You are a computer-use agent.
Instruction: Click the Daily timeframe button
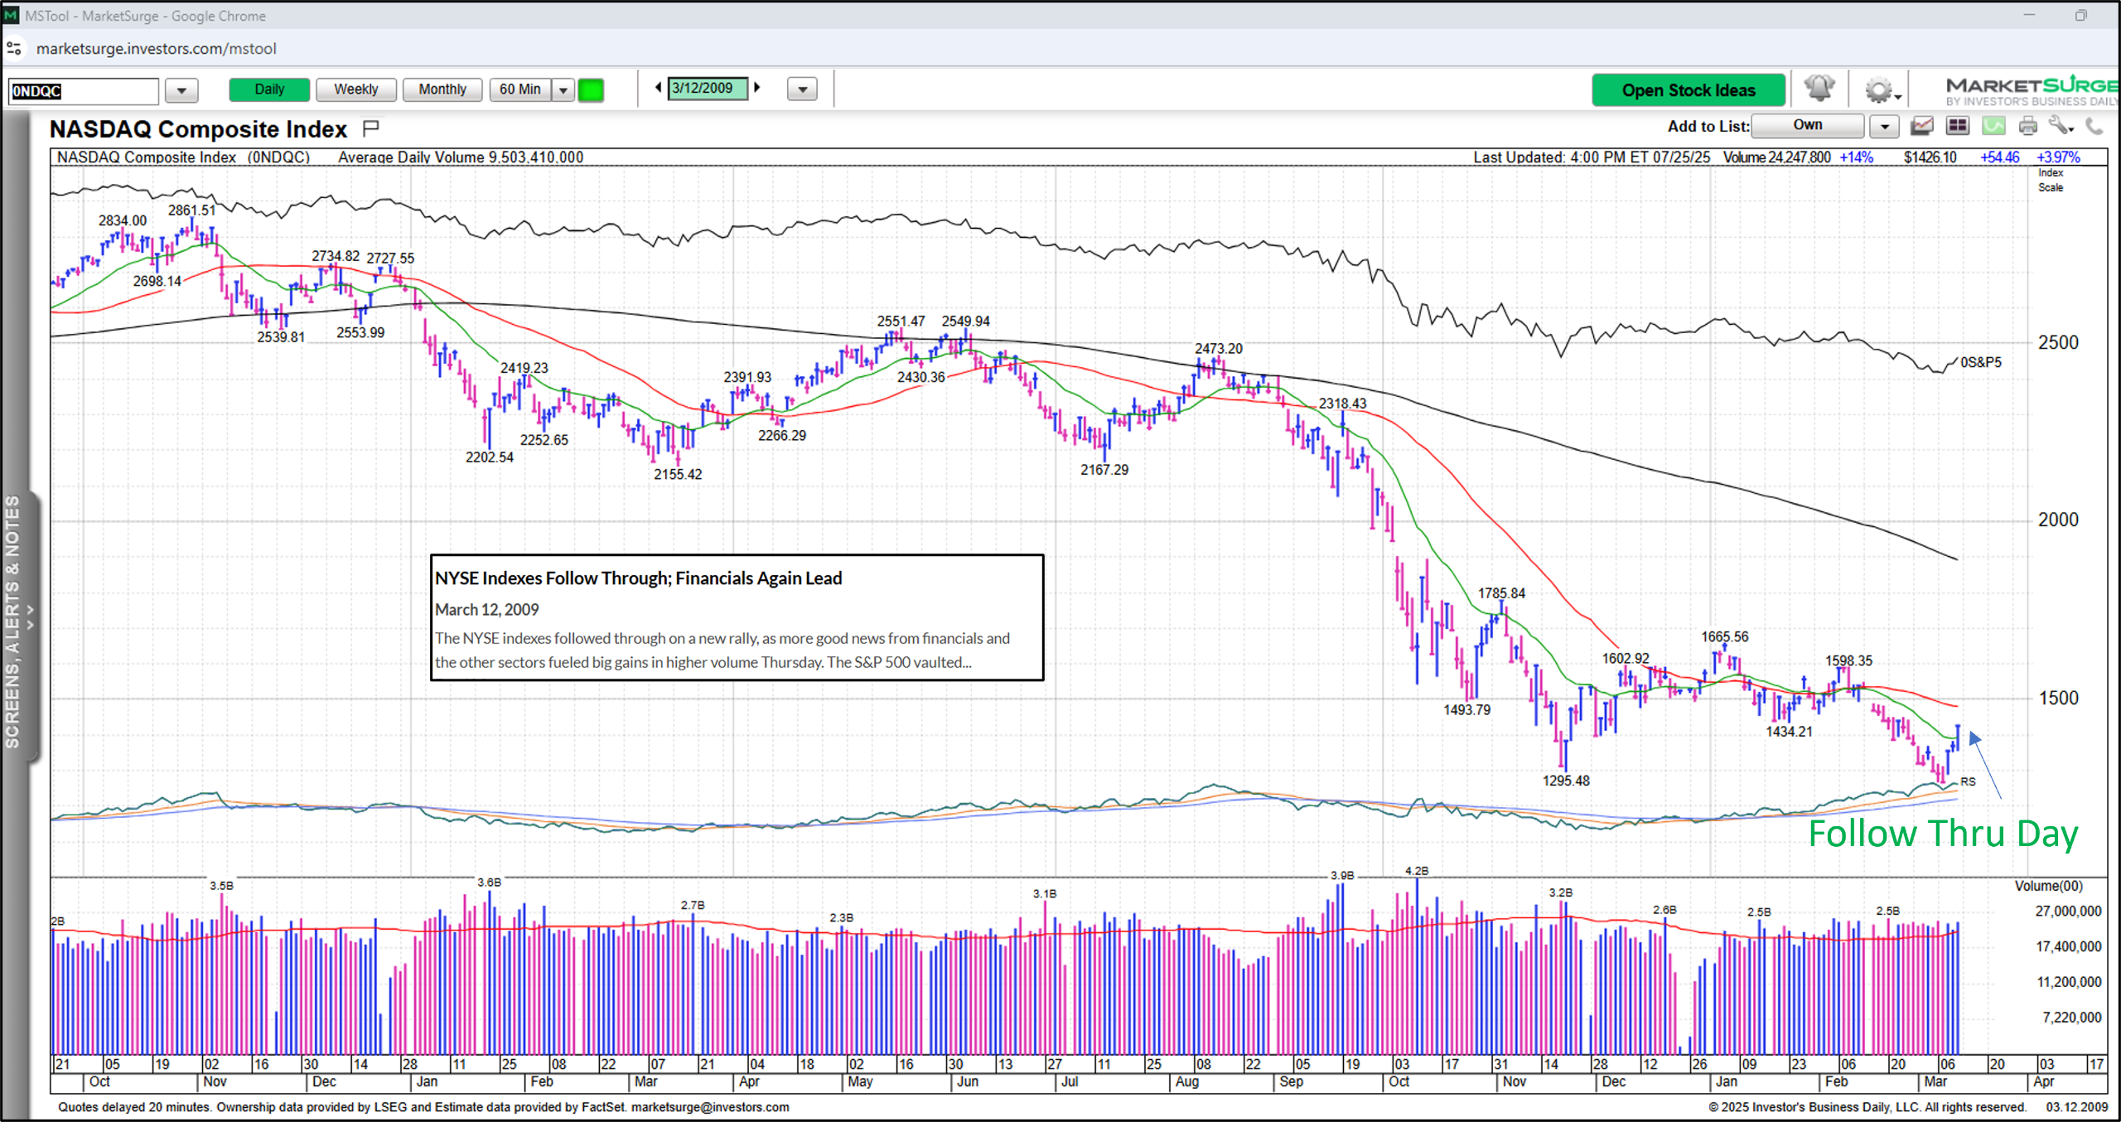click(269, 89)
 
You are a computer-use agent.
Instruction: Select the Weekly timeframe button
click(356, 89)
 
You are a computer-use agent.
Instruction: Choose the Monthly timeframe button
click(442, 89)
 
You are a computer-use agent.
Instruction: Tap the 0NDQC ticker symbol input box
click(83, 91)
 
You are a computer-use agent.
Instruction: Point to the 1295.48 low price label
click(1566, 781)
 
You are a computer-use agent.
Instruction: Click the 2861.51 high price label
click(191, 210)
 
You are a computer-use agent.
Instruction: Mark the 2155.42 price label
click(678, 474)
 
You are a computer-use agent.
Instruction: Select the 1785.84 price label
click(1501, 593)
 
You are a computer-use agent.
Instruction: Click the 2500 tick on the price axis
click(2058, 343)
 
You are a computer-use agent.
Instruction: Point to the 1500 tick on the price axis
click(2058, 698)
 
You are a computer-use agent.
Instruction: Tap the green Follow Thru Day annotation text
click(1943, 834)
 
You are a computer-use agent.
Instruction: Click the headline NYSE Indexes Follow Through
click(638, 578)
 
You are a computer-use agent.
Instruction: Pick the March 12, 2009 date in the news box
click(487, 610)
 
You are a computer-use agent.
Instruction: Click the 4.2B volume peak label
click(1417, 871)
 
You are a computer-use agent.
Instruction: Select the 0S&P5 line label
click(1980, 362)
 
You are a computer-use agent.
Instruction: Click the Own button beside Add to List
click(1808, 126)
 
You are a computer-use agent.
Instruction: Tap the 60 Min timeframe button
click(519, 89)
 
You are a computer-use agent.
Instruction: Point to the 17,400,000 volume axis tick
click(2068, 946)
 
